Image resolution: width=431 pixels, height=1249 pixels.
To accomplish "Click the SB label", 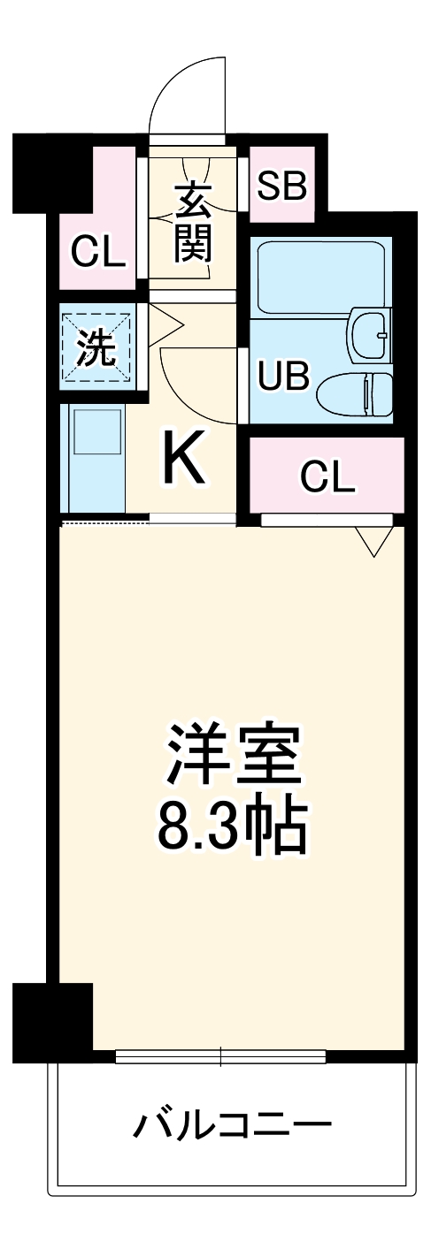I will click(x=281, y=186).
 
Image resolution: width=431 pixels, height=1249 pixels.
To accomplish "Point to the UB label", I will click(x=283, y=376).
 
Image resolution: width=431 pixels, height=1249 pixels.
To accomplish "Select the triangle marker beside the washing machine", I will click(x=164, y=325).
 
